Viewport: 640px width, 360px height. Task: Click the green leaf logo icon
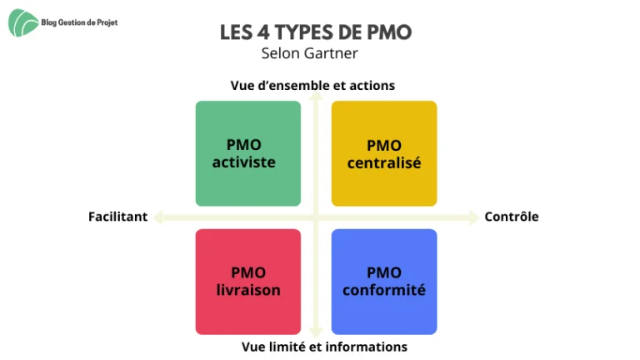click(23, 22)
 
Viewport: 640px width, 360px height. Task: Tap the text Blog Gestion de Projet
click(79, 22)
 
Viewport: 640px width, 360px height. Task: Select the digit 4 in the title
click(263, 32)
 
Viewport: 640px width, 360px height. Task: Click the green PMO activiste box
click(248, 153)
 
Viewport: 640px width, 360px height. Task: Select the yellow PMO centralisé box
click(384, 153)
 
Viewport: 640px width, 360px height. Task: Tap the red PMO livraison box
click(248, 282)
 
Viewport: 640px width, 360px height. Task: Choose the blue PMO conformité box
click(384, 282)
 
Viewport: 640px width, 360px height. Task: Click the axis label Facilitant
click(118, 217)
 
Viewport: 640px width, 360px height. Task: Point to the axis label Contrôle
click(512, 217)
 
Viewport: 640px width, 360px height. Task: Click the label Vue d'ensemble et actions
click(312, 86)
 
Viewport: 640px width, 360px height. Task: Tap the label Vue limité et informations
click(324, 347)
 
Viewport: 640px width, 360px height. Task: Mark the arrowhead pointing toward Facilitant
click(159, 217)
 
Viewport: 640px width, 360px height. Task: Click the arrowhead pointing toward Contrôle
click(473, 217)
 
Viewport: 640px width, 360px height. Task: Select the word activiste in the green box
click(243, 162)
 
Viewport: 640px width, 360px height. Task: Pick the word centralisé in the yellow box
click(384, 163)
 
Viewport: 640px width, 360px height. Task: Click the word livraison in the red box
click(248, 290)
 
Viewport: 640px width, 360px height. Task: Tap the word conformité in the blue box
click(384, 290)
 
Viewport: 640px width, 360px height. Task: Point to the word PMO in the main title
click(389, 32)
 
